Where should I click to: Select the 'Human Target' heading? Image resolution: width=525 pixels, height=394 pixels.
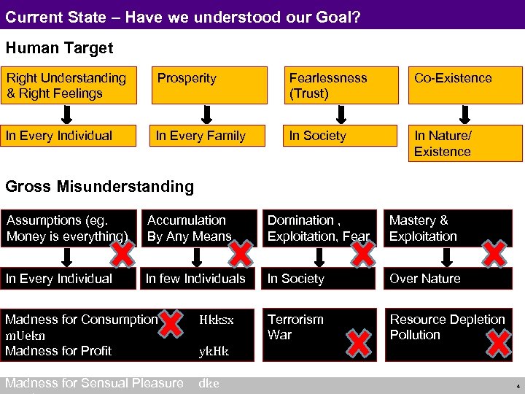coord(60,48)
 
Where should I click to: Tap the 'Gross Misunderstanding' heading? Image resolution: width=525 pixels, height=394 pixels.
coord(100,186)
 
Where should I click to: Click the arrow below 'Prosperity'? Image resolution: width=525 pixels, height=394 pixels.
coord(207,114)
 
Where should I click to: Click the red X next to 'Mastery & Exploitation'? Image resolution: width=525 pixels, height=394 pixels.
coord(494,253)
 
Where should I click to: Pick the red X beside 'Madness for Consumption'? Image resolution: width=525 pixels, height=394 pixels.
coord(171,323)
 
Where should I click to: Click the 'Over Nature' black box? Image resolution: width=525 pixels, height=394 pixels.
coord(454,279)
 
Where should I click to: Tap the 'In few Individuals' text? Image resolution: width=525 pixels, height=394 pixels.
coord(195,279)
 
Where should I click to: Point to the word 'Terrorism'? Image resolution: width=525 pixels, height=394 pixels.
coord(295,320)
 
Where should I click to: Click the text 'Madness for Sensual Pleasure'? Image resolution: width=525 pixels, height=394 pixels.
coord(94,383)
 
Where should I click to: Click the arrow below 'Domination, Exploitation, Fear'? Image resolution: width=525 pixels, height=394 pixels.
coord(318,258)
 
